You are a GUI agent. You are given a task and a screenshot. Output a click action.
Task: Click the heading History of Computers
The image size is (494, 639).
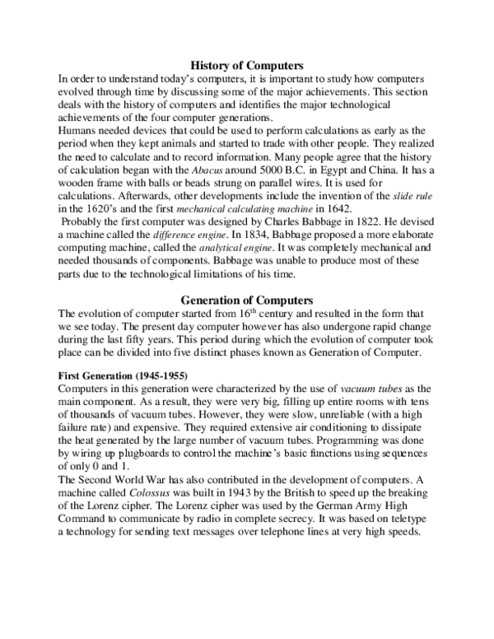[247, 63]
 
